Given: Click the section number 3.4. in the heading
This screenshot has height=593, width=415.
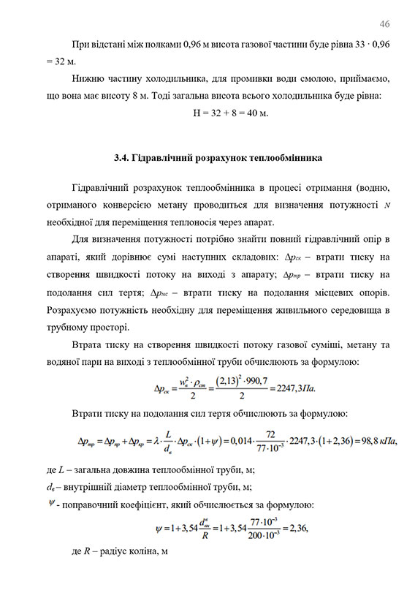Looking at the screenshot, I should (x=123, y=157).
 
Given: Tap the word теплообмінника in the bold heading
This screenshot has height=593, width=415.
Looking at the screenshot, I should (x=285, y=157).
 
